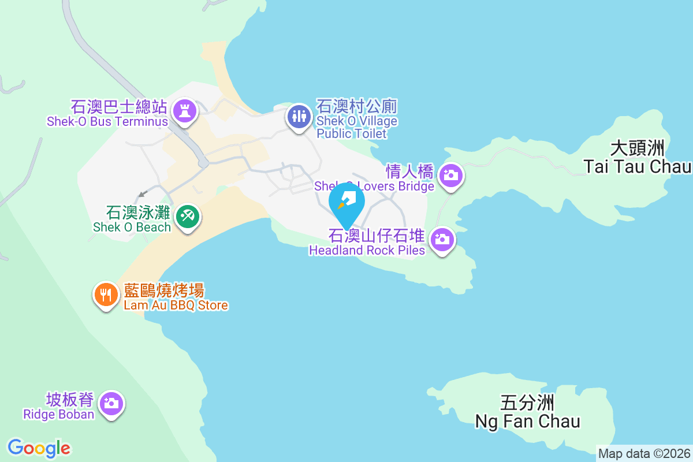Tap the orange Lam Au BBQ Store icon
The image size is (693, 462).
pos(106,295)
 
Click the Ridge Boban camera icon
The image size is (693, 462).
pos(111,403)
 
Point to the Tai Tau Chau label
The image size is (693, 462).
pos(637,167)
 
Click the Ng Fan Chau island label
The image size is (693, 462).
pos(527,421)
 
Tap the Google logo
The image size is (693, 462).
pos(39,448)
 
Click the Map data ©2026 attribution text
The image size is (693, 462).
pos(644,453)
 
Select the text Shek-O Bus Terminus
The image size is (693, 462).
pos(107,122)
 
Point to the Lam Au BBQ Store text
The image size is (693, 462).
pos(176,305)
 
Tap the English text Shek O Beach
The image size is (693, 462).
pos(132,227)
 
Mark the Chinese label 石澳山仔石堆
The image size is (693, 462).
pos(377,236)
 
